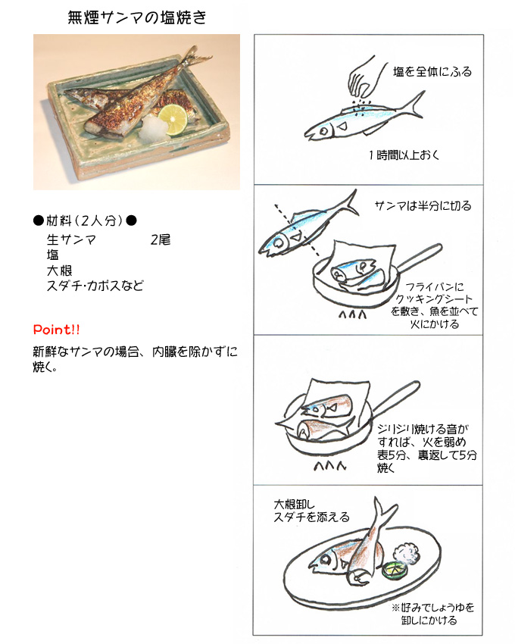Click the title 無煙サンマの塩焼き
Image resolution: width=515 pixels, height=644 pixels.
pyautogui.click(x=137, y=17)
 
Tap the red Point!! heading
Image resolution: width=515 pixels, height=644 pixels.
pyautogui.click(x=56, y=330)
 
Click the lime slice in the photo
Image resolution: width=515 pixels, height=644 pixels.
pyautogui.click(x=173, y=119)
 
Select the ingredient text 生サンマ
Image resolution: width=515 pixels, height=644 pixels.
pyautogui.click(x=71, y=239)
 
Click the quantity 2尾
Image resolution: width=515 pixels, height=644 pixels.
pyautogui.click(x=160, y=239)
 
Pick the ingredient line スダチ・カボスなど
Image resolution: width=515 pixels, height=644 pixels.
pyautogui.click(x=95, y=286)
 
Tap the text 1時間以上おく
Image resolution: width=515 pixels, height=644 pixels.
pyautogui.click(x=404, y=155)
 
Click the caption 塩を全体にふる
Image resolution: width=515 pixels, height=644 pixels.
pyautogui.click(x=432, y=72)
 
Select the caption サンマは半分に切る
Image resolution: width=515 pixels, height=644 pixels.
pyautogui.click(x=423, y=205)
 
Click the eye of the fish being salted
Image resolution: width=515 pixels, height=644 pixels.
pyautogui.click(x=324, y=132)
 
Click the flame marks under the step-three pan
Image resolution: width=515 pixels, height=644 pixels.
pyautogui.click(x=330, y=466)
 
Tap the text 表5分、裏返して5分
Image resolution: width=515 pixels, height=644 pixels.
pyautogui.click(x=427, y=455)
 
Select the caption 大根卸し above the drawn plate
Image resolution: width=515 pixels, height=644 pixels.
pyautogui.click(x=294, y=504)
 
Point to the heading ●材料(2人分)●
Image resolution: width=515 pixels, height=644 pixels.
pyautogui.click(x=85, y=220)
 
